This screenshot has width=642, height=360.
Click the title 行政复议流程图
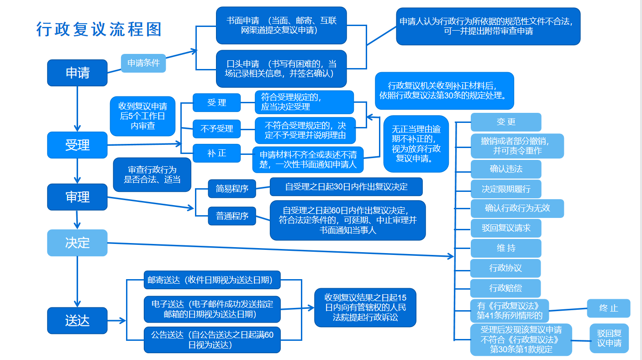coord(99,30)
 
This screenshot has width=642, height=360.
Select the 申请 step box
coord(77,73)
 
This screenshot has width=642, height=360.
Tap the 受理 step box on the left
coord(77,145)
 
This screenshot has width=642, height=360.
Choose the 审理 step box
coord(77,197)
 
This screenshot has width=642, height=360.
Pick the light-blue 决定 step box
coord(77,243)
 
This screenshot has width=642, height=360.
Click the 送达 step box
coord(77,320)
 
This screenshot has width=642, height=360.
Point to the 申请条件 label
coord(143,63)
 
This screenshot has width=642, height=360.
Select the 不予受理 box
coord(216,129)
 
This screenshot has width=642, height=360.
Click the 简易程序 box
coord(232,189)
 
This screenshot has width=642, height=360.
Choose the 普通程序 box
coord(232,216)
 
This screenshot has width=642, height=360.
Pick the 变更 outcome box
coord(506,122)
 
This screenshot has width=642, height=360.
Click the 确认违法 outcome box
coord(506,169)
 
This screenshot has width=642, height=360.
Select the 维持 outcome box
coord(506,248)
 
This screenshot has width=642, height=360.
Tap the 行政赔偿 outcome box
coord(506,288)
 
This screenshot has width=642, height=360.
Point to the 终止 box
coord(609,308)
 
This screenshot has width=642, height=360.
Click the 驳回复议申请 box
coord(609,338)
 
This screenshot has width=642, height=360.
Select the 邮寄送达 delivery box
coord(212,280)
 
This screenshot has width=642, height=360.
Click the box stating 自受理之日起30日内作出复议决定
coord(346,187)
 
